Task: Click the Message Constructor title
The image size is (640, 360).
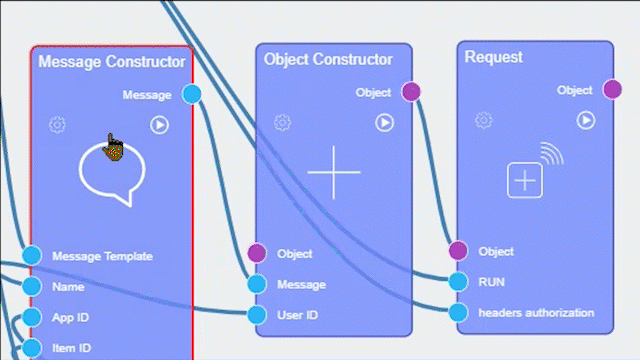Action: tap(111, 62)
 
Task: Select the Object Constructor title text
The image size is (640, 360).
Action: tap(328, 59)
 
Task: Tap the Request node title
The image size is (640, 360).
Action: tap(494, 57)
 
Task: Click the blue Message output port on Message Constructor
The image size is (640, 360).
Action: tap(192, 95)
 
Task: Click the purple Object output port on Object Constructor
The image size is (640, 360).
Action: tap(410, 92)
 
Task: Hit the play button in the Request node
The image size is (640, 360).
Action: tap(586, 120)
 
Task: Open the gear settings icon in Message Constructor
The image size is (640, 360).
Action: tap(57, 125)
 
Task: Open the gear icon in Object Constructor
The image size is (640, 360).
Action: tap(283, 122)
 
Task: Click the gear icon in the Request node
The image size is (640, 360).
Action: tap(483, 120)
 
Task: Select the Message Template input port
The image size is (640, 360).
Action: tap(32, 256)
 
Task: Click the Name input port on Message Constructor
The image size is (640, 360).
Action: tap(32, 287)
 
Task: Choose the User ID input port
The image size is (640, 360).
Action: tap(257, 315)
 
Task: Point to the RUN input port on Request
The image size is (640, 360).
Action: tap(458, 281)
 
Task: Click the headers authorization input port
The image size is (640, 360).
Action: tap(458, 312)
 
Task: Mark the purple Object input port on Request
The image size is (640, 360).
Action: tap(458, 250)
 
